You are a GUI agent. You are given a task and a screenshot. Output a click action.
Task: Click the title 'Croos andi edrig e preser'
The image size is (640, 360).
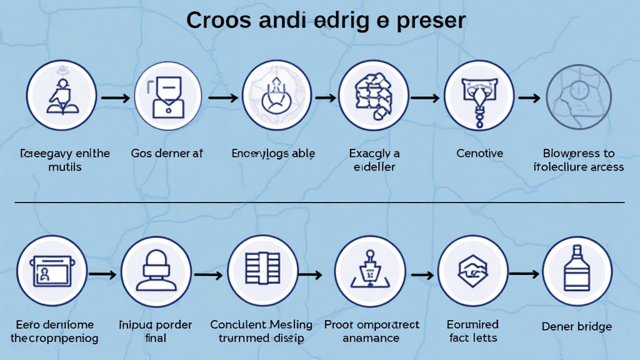click(326, 21)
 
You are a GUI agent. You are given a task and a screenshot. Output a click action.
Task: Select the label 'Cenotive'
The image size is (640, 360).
click(480, 154)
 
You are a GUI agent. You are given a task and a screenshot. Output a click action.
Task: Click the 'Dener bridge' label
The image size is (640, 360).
click(577, 326)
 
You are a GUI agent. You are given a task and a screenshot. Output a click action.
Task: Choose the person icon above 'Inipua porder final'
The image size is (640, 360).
click(156, 272)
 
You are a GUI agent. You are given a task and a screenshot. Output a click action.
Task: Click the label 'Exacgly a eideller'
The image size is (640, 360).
click(374, 160)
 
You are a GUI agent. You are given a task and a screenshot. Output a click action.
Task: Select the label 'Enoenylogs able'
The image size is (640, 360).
click(273, 154)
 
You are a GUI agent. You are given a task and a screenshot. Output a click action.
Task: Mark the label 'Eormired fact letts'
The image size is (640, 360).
click(472, 331)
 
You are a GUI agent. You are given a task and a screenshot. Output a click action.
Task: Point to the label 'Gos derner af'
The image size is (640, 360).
click(167, 154)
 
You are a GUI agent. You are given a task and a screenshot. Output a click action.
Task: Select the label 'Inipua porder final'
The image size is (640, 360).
click(155, 331)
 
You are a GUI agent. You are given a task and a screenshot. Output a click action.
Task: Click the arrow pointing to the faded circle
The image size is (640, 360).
click(529, 97)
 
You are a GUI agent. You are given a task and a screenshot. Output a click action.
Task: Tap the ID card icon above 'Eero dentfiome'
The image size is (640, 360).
click(51, 272)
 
